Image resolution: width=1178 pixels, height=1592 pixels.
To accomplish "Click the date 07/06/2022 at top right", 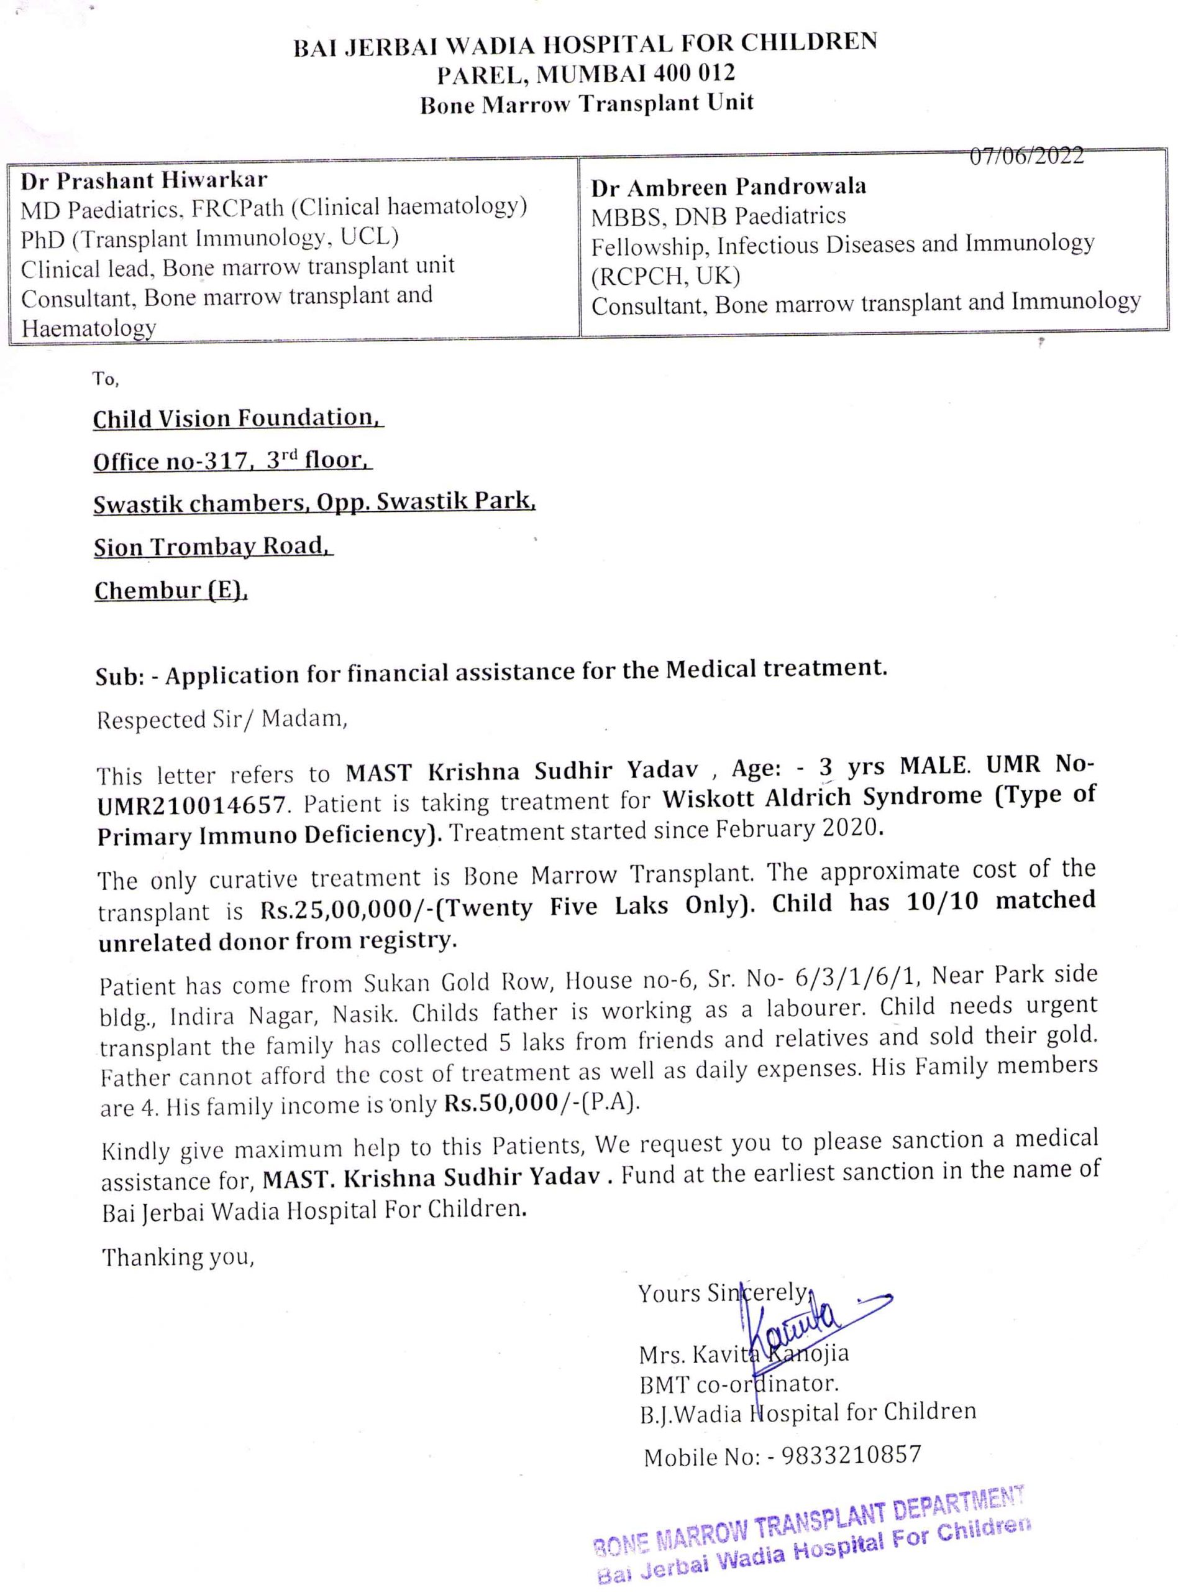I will [x=1026, y=155].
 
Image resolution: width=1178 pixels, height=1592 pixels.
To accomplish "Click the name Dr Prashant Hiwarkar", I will [x=144, y=180].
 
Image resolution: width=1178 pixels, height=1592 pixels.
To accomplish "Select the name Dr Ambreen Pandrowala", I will [x=728, y=187].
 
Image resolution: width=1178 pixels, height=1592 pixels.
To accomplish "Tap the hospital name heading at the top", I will [x=585, y=44].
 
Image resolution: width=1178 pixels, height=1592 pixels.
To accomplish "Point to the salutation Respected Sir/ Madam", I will [x=222, y=718].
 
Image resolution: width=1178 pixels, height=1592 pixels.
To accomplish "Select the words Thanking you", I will [x=178, y=1257].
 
